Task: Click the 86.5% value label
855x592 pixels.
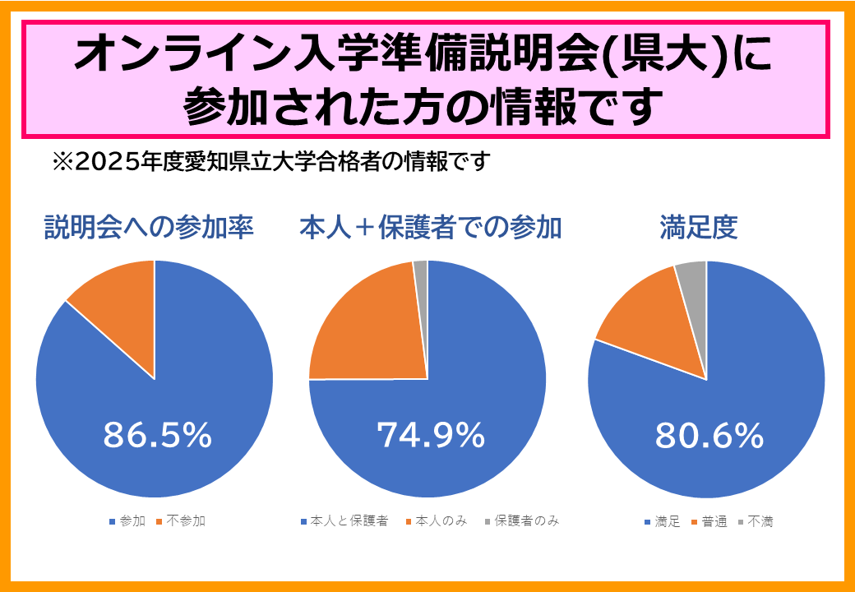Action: pyautogui.click(x=157, y=436)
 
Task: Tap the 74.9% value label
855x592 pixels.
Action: pyautogui.click(x=430, y=436)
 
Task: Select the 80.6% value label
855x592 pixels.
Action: pyautogui.click(x=709, y=436)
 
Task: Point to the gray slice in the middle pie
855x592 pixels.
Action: pyautogui.click(x=421, y=271)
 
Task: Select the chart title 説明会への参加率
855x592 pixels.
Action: pyautogui.click(x=148, y=227)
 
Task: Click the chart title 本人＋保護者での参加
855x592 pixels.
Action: pyautogui.click(x=430, y=227)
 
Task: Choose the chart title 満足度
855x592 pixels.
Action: pyautogui.click(x=698, y=227)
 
